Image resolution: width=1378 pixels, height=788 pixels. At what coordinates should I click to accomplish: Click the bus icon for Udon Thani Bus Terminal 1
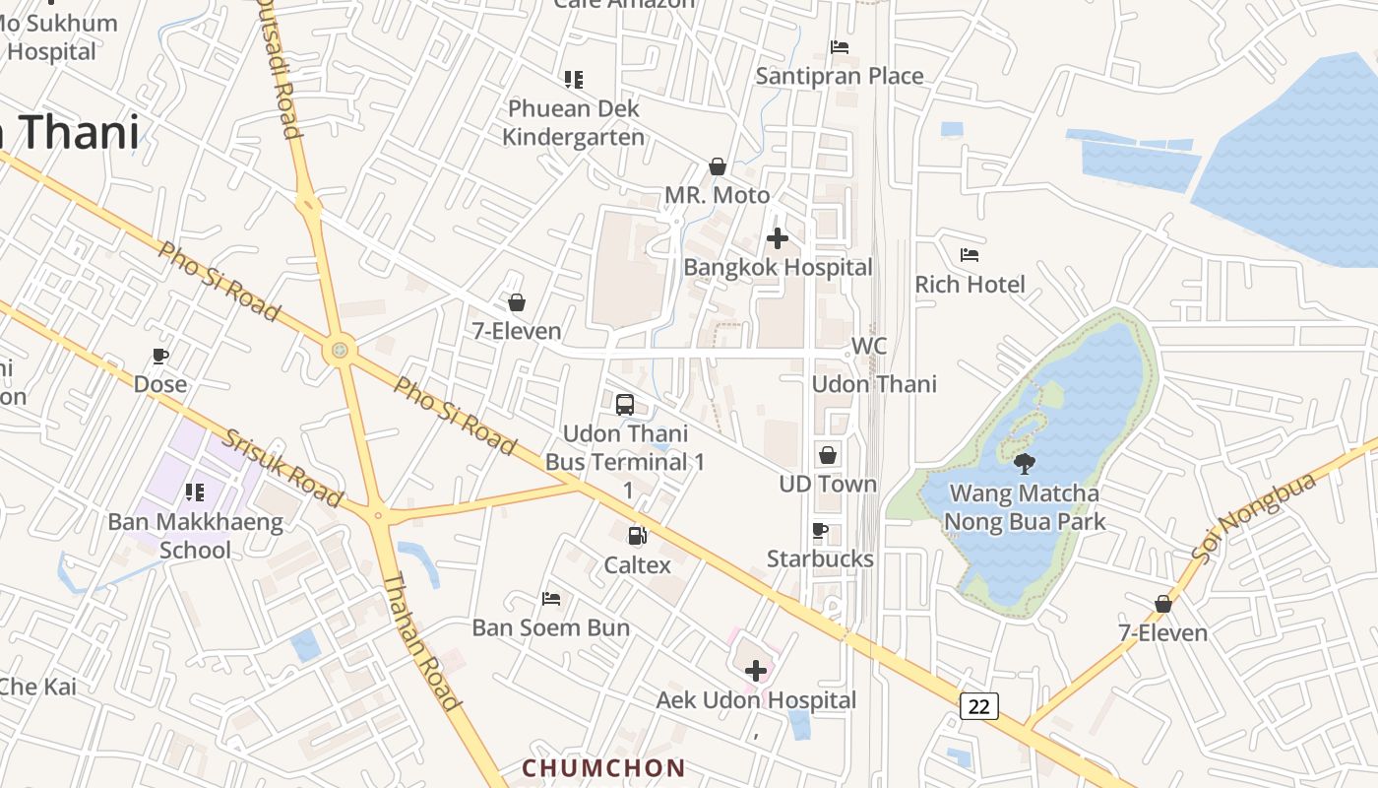tap(625, 404)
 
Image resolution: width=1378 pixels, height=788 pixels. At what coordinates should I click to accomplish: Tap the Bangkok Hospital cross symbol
tap(778, 238)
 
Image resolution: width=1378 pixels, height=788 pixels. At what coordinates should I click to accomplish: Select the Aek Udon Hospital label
tap(756, 700)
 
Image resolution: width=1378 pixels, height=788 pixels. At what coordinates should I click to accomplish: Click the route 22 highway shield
tap(979, 705)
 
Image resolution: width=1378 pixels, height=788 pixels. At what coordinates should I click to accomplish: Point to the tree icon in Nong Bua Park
tap(1025, 463)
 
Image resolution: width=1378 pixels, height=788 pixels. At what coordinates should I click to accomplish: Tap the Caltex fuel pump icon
tap(638, 535)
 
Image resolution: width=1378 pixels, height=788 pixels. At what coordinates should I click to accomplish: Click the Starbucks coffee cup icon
tap(820, 531)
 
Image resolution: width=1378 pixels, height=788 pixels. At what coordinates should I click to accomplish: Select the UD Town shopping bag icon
tap(828, 455)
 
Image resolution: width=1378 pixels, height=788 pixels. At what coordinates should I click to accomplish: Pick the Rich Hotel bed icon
tap(970, 255)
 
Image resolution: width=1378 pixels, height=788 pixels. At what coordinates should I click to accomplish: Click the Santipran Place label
tap(840, 76)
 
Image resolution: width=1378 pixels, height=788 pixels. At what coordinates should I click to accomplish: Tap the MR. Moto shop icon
tap(718, 166)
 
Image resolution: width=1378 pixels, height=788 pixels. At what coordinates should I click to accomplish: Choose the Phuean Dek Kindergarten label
tap(573, 122)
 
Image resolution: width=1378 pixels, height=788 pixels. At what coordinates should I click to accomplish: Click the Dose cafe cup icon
tap(160, 356)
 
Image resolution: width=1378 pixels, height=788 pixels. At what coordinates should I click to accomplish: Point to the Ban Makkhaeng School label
tap(195, 536)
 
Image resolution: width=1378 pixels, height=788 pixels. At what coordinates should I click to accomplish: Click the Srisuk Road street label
tap(282, 467)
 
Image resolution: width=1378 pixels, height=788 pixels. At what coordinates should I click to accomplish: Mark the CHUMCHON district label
tap(603, 768)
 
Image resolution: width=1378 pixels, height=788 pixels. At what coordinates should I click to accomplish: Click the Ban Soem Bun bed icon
tap(551, 599)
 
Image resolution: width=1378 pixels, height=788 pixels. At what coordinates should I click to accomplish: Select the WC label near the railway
tap(869, 346)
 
